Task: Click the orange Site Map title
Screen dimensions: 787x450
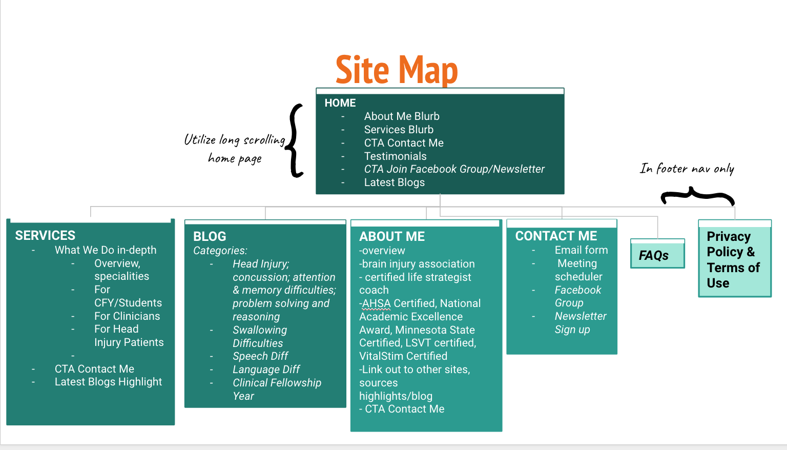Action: click(396, 70)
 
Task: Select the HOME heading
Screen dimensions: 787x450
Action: click(340, 103)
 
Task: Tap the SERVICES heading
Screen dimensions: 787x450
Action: click(45, 235)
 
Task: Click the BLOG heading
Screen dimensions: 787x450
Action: click(210, 236)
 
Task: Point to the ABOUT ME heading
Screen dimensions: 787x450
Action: click(392, 236)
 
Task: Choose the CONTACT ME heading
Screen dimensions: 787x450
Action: click(556, 236)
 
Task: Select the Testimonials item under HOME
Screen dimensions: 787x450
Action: click(395, 156)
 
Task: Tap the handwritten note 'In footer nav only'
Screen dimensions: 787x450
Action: click(687, 169)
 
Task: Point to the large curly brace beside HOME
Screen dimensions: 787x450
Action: click(296, 140)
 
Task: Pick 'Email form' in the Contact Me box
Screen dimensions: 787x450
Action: click(581, 250)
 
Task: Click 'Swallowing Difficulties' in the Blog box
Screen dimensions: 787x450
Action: click(259, 337)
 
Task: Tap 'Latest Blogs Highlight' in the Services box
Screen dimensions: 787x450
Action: click(108, 382)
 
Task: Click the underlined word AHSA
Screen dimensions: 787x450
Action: click(377, 303)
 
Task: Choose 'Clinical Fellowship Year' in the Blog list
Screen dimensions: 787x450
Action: click(277, 389)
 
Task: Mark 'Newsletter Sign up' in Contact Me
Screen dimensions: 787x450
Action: click(580, 323)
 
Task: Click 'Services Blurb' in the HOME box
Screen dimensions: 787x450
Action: click(399, 130)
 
